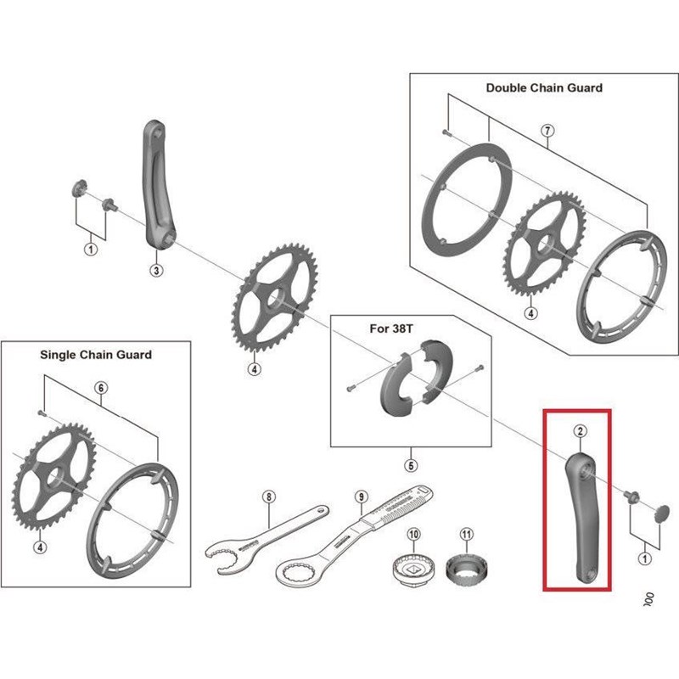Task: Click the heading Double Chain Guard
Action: pos(544,87)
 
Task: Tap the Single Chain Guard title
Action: pos(96,354)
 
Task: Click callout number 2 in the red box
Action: pos(580,430)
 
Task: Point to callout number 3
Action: pos(156,271)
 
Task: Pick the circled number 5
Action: pos(411,465)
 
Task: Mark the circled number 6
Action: pos(100,387)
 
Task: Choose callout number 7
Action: pos(547,131)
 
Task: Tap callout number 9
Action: pos(360,497)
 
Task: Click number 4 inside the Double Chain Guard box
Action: pos(531,312)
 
